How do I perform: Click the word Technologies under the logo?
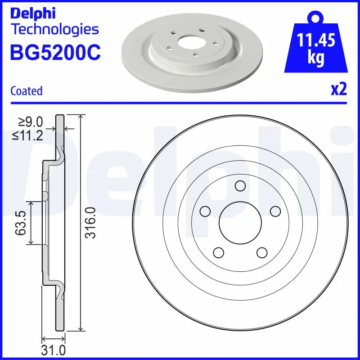(x=54, y=30)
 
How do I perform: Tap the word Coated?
(x=26, y=91)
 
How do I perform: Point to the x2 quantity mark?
(x=339, y=90)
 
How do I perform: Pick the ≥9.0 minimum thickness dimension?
(x=30, y=121)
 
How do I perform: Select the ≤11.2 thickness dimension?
(x=30, y=135)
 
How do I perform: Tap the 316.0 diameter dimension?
(x=91, y=223)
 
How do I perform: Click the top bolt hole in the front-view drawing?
(x=240, y=186)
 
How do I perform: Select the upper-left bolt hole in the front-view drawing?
(x=205, y=211)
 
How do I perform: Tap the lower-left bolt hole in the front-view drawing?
(x=219, y=252)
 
